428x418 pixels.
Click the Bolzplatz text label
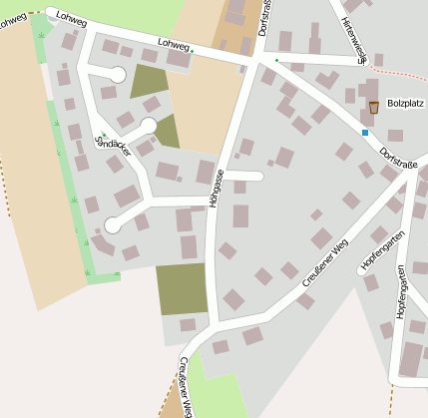[x=407, y=102]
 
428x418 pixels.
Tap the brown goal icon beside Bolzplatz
[x=373, y=107]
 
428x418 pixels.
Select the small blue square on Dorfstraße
[x=365, y=132]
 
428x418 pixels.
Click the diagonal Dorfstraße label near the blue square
[x=399, y=160]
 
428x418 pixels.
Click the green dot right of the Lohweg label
[x=193, y=49]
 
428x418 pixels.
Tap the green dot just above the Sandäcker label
[x=103, y=135]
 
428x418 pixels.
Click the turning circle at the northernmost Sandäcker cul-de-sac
[x=117, y=74]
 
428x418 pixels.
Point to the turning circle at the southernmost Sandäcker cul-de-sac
[x=112, y=226]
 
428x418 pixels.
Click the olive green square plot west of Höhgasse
[x=181, y=289]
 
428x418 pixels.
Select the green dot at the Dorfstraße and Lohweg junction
[x=276, y=61]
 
